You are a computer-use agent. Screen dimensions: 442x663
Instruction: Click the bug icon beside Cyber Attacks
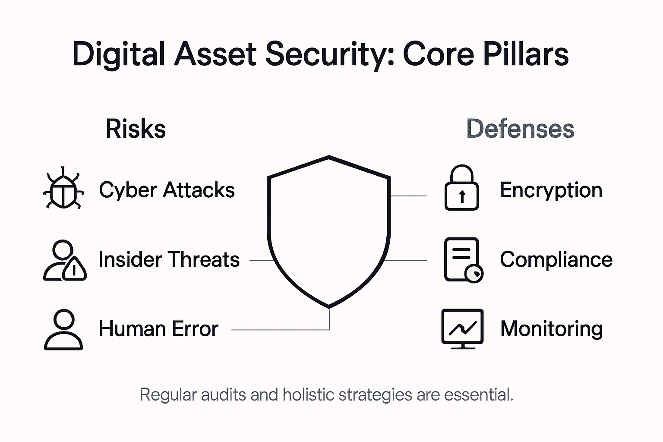(63, 189)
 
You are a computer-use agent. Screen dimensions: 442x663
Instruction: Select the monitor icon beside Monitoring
(462, 328)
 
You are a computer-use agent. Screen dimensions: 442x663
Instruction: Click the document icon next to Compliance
(462, 259)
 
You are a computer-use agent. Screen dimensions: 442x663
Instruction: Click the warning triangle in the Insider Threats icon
(75, 269)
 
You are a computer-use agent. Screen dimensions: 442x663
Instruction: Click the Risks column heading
(136, 129)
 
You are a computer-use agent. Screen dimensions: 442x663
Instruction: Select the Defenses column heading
(520, 129)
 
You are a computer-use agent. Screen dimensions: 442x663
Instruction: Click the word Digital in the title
(119, 54)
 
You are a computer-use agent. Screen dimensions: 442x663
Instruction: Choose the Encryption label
(551, 190)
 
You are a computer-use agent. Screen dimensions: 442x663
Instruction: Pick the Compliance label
(556, 259)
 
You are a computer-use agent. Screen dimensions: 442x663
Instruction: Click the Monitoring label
(551, 328)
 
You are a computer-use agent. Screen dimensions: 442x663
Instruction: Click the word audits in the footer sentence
(223, 395)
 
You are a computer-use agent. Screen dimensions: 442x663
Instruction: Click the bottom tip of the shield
(329, 306)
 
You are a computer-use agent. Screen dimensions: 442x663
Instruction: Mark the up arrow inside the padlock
(462, 197)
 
